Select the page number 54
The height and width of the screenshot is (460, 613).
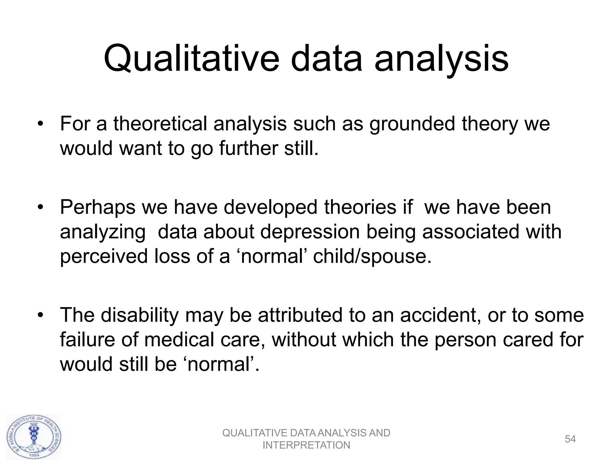click(x=570, y=439)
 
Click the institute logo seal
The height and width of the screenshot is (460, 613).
click(x=34, y=436)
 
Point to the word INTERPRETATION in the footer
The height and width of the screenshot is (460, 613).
click(x=306, y=445)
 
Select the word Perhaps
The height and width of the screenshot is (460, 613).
click(x=98, y=208)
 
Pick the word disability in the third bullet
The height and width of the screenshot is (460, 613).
click(x=139, y=315)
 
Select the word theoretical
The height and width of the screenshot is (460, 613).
click(x=160, y=124)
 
